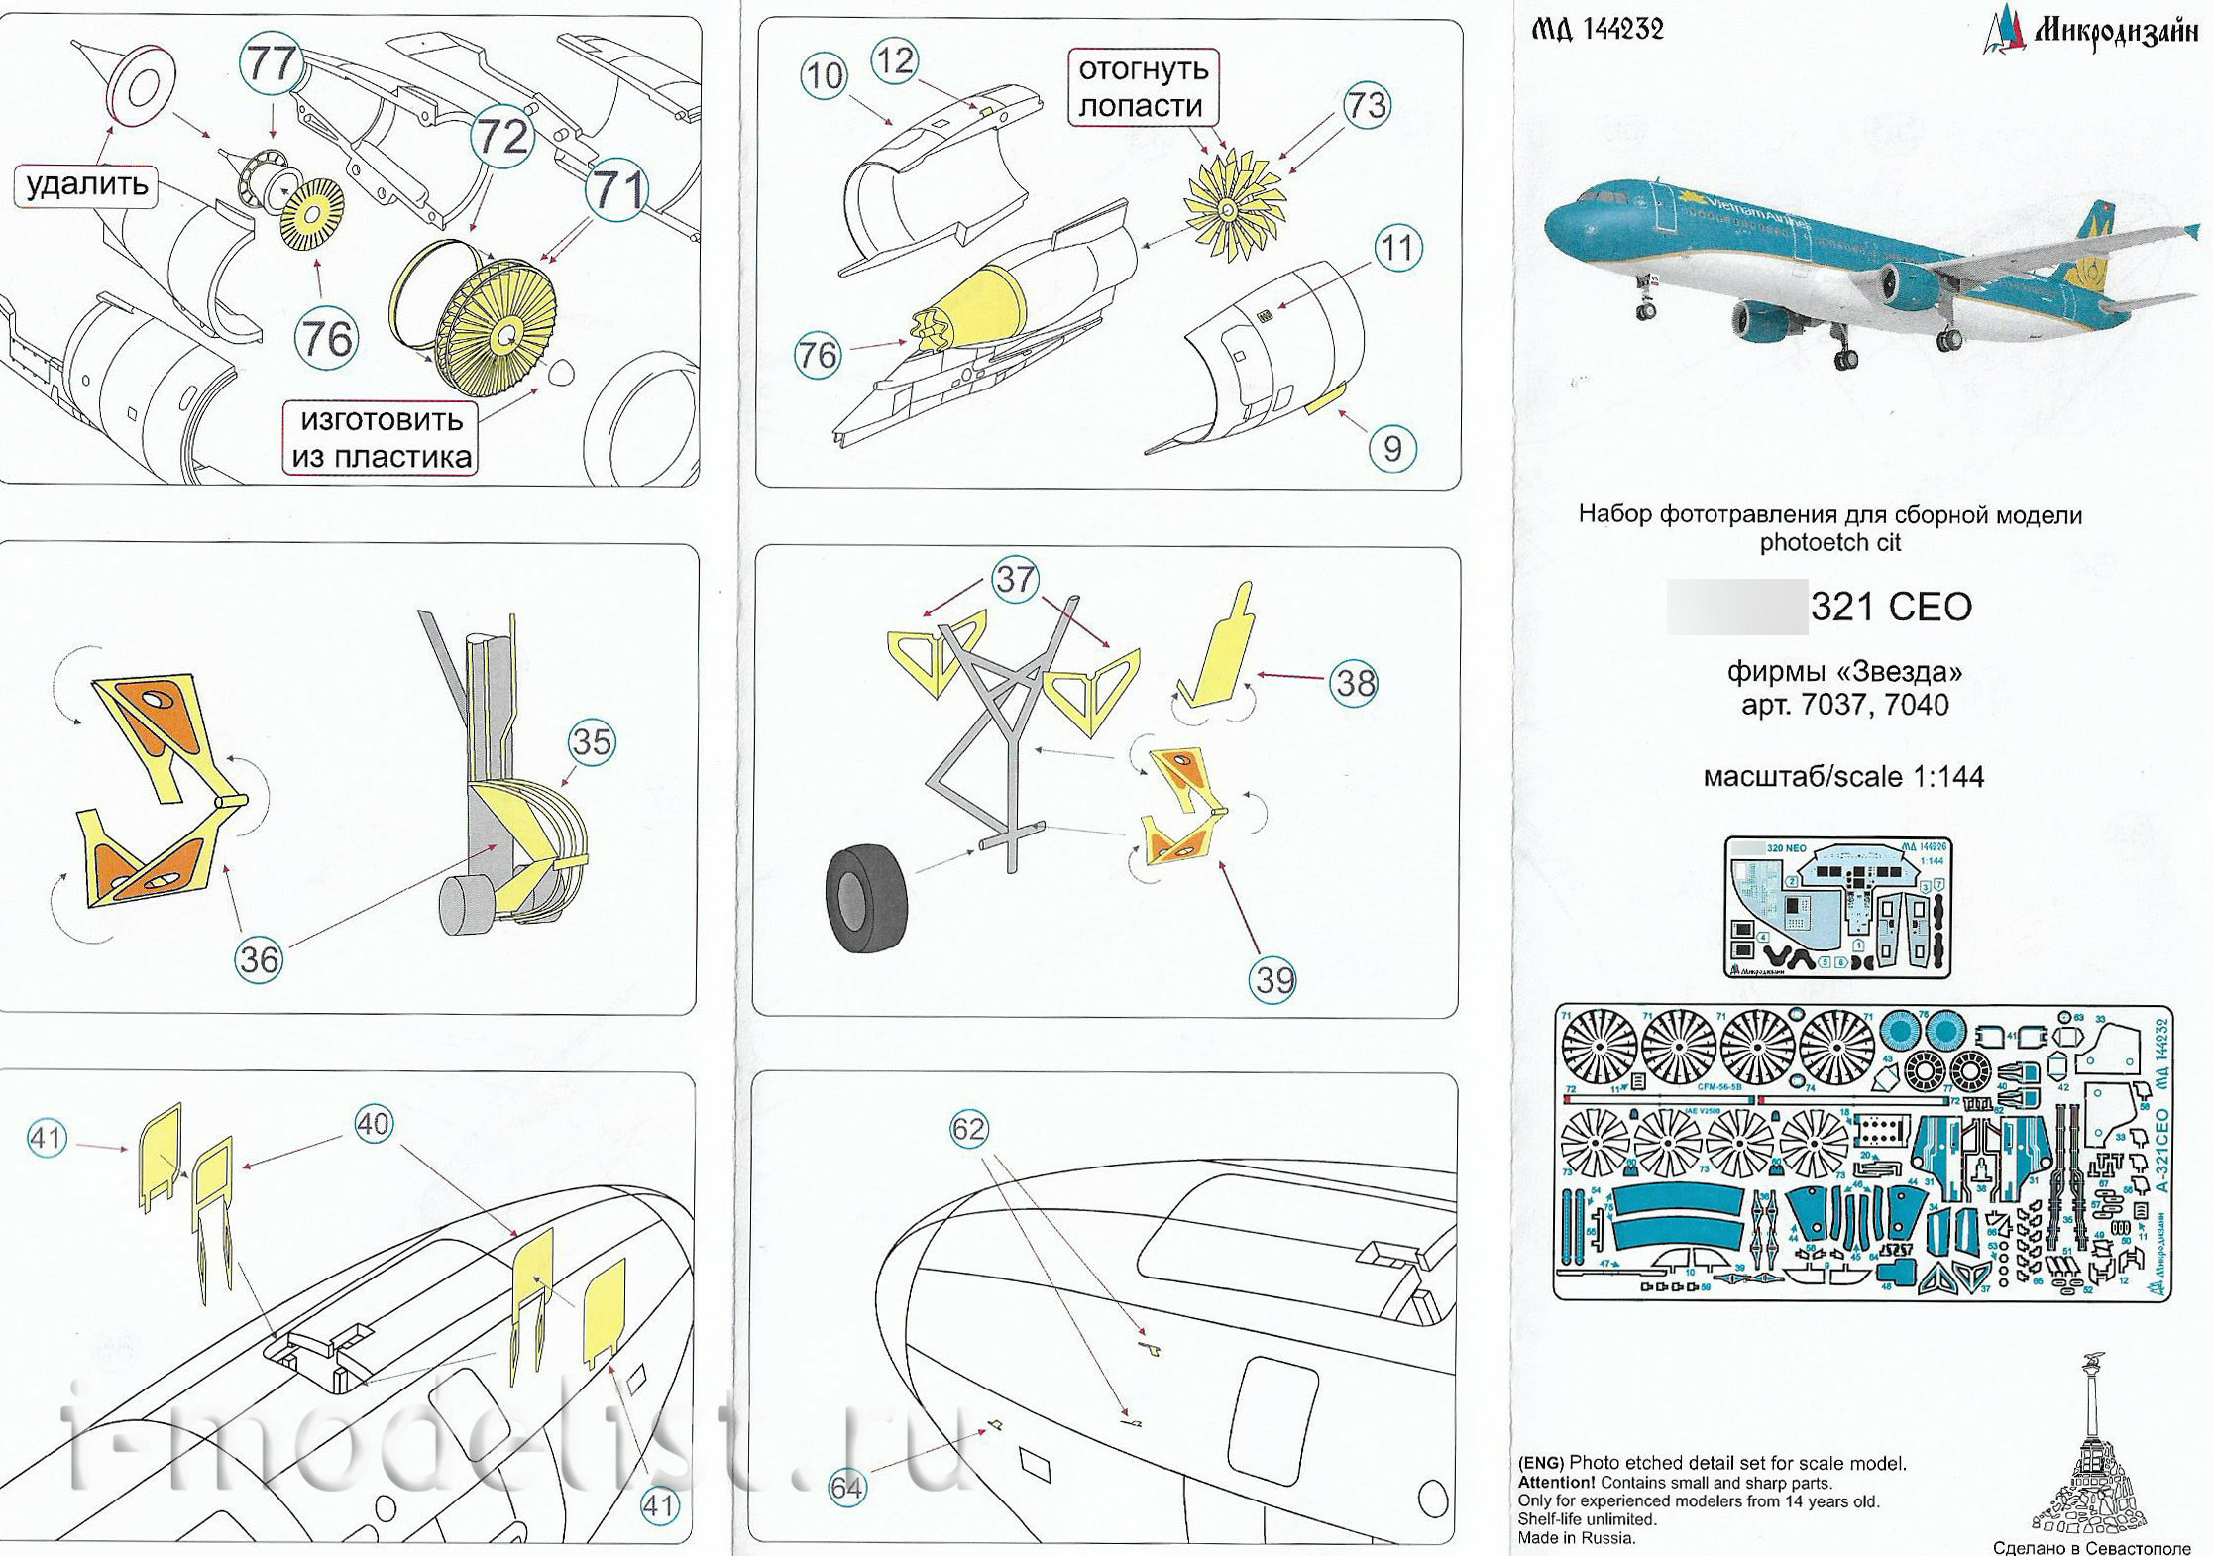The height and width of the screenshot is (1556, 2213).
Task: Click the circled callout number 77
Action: point(271,63)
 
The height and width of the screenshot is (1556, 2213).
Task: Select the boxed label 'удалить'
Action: point(86,185)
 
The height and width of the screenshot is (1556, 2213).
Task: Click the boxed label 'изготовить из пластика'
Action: point(382,438)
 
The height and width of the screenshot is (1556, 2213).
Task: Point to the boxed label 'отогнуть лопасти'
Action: point(1143,87)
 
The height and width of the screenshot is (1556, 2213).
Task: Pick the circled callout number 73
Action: point(1367,105)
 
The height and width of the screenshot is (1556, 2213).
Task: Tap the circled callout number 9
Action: point(1391,449)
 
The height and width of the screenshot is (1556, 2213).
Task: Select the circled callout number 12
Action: point(895,60)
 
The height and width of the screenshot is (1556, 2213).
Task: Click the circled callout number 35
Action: point(592,742)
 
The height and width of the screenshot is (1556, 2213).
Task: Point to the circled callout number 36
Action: point(259,959)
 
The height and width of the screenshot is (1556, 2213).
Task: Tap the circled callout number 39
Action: point(1273,980)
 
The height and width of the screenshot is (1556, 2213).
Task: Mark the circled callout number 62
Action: point(968,1129)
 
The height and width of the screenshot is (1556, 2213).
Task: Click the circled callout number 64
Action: point(846,1488)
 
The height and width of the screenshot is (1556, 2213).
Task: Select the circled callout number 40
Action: point(374,1124)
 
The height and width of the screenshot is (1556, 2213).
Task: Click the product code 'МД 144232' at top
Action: point(1598,30)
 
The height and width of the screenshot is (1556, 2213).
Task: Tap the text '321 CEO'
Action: point(1890,607)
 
